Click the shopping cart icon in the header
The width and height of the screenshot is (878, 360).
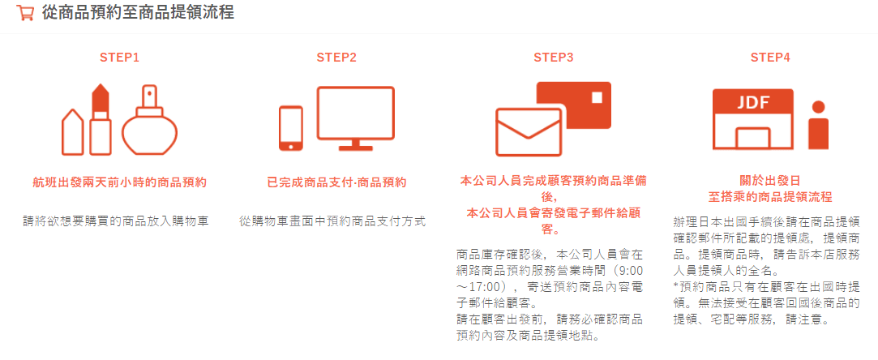point(25,13)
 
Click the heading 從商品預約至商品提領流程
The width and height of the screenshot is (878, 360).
point(138,12)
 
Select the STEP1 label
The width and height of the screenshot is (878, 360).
point(120,57)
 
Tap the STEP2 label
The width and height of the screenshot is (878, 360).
point(336,57)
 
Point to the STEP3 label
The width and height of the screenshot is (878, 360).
point(553,57)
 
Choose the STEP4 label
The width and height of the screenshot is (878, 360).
point(770,57)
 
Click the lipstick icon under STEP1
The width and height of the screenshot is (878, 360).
point(101,119)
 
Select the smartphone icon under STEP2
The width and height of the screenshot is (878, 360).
point(290,128)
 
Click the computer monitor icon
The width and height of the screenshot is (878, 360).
point(356,118)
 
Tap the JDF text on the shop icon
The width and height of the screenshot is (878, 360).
point(753,102)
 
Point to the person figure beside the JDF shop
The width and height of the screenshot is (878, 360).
point(819,125)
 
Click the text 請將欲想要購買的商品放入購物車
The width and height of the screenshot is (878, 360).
point(116,221)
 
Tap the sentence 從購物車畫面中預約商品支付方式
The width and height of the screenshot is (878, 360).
point(332,221)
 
